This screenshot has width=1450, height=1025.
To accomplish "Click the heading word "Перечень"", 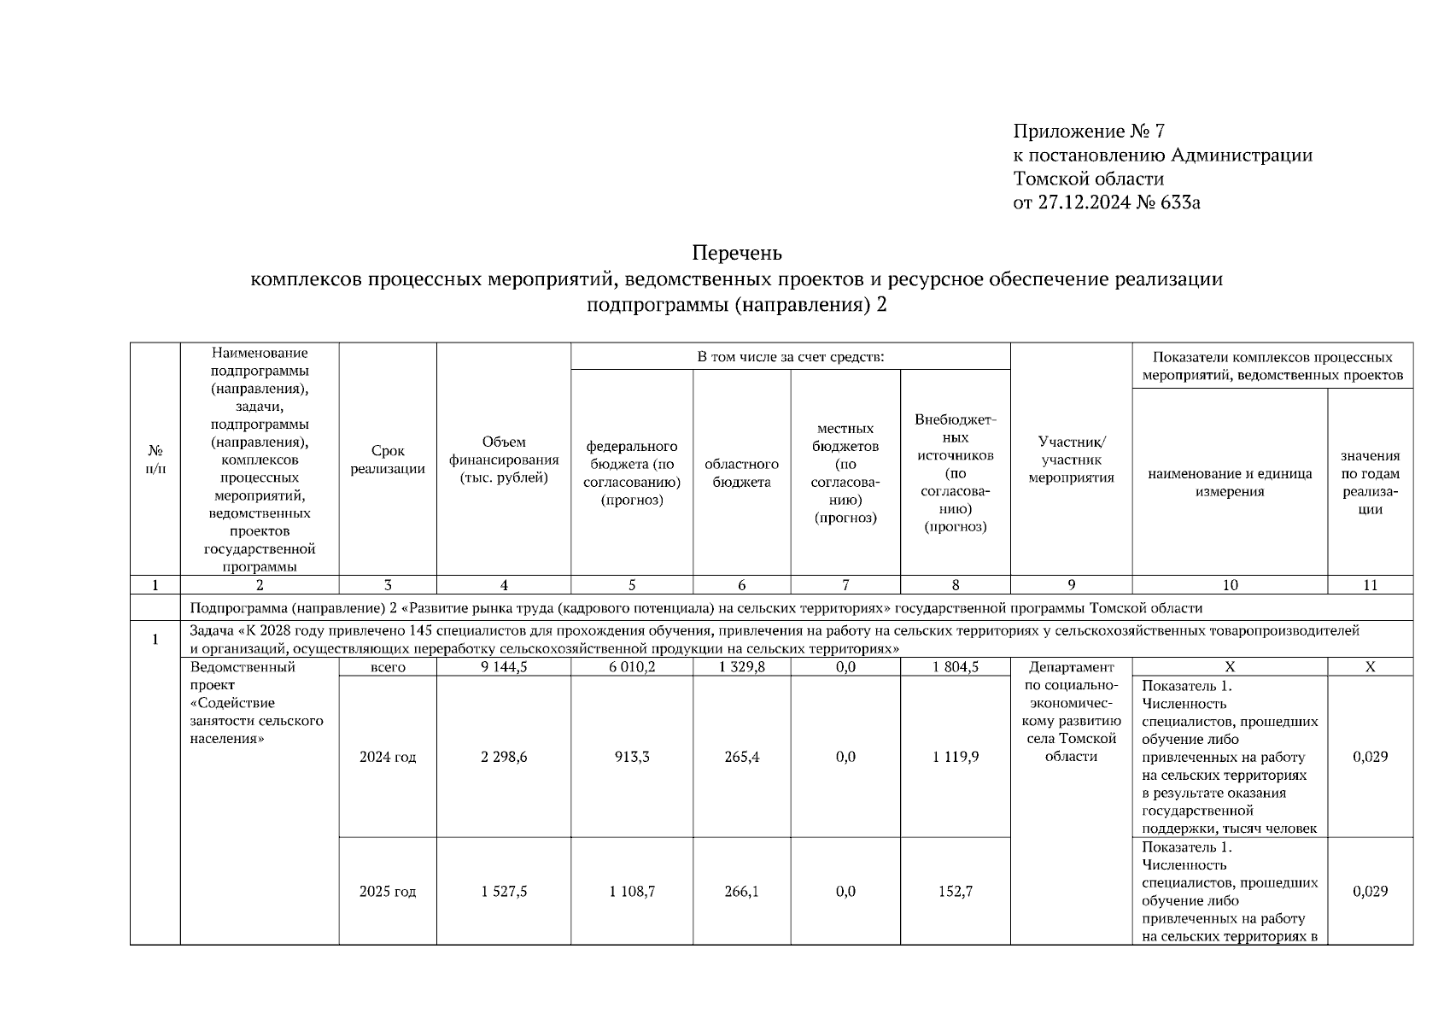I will [x=737, y=254].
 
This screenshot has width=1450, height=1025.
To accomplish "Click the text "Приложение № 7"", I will [x=1089, y=131].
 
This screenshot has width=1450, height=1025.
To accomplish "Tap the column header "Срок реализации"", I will [x=388, y=460].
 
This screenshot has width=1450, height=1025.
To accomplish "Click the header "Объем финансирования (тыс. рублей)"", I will [x=504, y=460].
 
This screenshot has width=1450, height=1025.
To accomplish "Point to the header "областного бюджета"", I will [x=741, y=473].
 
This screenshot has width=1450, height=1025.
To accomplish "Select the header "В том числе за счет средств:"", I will [x=790, y=356].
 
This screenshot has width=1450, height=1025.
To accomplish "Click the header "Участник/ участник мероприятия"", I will [x=1071, y=460].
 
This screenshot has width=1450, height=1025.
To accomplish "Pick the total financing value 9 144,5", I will [x=504, y=667].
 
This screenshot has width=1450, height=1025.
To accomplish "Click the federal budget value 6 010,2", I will [x=632, y=667].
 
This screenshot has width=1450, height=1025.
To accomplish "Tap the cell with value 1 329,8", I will [x=741, y=667].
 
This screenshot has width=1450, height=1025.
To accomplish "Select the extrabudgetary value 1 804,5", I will [x=956, y=667].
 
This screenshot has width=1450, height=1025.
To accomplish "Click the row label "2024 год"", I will [x=388, y=757].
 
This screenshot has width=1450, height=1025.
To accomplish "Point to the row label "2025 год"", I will [x=388, y=892].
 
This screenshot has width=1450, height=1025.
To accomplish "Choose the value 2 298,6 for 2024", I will [x=504, y=757].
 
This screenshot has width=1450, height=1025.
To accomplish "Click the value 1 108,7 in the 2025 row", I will [x=632, y=892].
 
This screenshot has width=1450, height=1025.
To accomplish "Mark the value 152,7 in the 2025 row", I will [x=956, y=892].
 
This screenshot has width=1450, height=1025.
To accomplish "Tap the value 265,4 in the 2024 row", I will [x=741, y=757].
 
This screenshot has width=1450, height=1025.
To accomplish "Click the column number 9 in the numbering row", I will [x=1071, y=585].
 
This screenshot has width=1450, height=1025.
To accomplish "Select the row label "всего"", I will [x=388, y=667].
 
